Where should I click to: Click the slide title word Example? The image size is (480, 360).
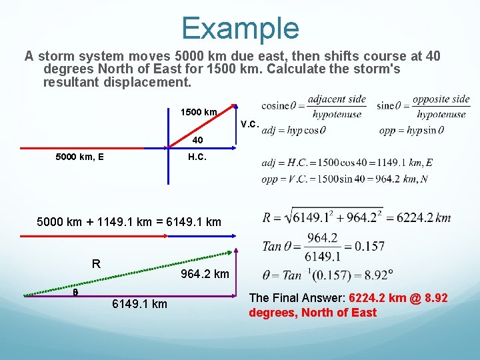(240, 28)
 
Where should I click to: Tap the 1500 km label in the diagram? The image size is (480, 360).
(199, 112)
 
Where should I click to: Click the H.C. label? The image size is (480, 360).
(196, 157)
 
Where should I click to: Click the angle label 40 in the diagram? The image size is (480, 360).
(197, 141)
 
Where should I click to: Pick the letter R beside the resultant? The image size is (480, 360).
(96, 263)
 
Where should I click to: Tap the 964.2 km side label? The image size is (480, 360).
(205, 274)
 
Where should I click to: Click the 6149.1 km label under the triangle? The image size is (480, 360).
(139, 305)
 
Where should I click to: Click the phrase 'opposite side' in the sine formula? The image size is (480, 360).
(441, 99)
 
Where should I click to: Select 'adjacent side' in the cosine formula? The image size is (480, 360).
(337, 99)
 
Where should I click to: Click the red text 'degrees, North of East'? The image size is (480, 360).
(313, 312)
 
